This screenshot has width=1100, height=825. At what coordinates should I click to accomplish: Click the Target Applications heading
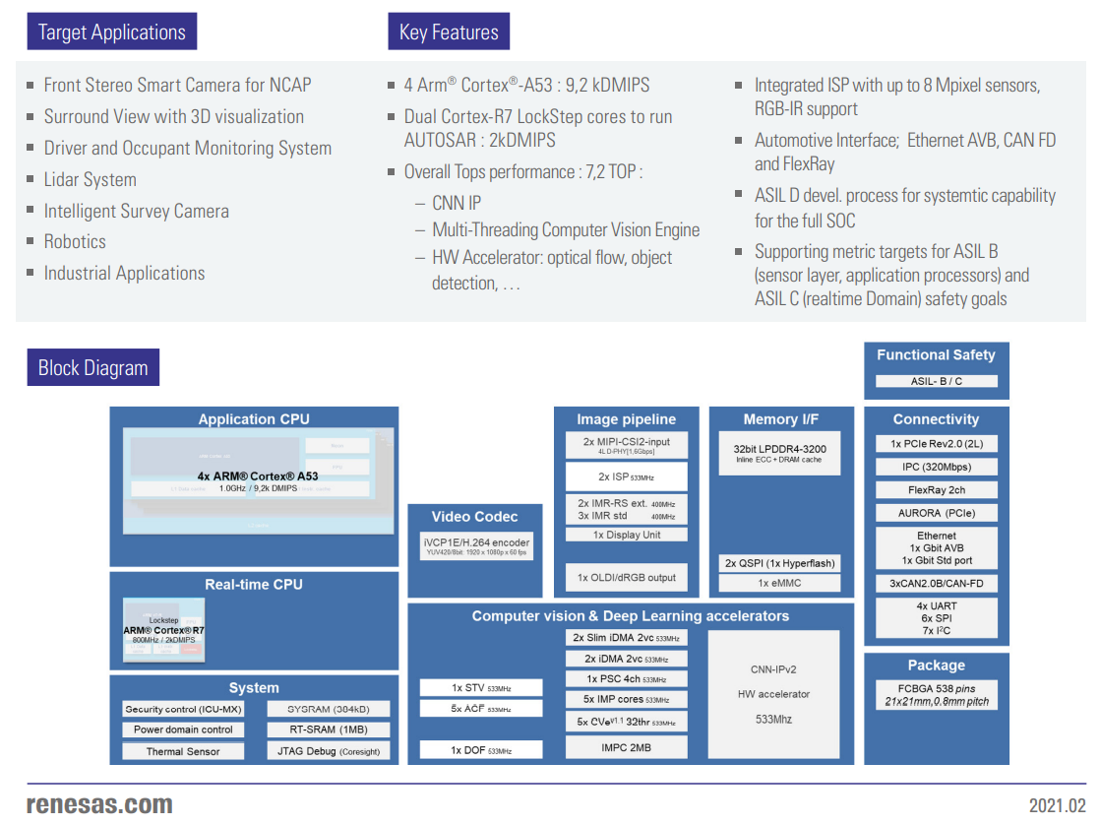pyautogui.click(x=111, y=32)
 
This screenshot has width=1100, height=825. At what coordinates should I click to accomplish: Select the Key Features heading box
pyautogui.click(x=449, y=32)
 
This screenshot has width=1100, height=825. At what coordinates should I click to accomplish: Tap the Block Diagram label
pyautogui.click(x=92, y=368)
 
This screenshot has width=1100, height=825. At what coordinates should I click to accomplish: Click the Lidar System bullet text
pyautogui.click(x=90, y=179)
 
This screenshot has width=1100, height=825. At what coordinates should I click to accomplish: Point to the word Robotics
pyautogui.click(x=75, y=241)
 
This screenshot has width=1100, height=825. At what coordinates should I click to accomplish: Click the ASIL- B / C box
pyautogui.click(x=936, y=381)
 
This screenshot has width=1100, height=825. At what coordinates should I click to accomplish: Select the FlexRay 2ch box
pyautogui.click(x=936, y=490)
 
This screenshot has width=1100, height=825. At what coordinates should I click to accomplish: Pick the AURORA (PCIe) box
pyautogui.click(x=936, y=513)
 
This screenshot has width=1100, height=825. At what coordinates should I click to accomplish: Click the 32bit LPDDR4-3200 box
pyautogui.click(x=780, y=453)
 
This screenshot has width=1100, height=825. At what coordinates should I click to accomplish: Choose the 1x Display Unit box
pyautogui.click(x=627, y=535)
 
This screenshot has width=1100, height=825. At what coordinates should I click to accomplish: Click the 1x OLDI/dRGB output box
pyautogui.click(x=627, y=577)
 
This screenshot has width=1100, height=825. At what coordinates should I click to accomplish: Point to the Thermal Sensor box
pyautogui.click(x=183, y=751)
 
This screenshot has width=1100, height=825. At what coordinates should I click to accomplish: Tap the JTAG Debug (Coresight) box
pyautogui.click(x=328, y=751)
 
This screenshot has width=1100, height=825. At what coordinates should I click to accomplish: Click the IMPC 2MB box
pyautogui.click(x=626, y=747)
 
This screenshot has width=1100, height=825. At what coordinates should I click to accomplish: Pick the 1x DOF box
pyautogui.click(x=481, y=750)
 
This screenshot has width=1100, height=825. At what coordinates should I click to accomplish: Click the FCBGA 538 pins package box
pyautogui.click(x=936, y=695)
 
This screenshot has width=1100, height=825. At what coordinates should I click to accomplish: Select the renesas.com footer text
pyautogui.click(x=99, y=804)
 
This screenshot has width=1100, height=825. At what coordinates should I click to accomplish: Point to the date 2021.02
pyautogui.click(x=1057, y=805)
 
